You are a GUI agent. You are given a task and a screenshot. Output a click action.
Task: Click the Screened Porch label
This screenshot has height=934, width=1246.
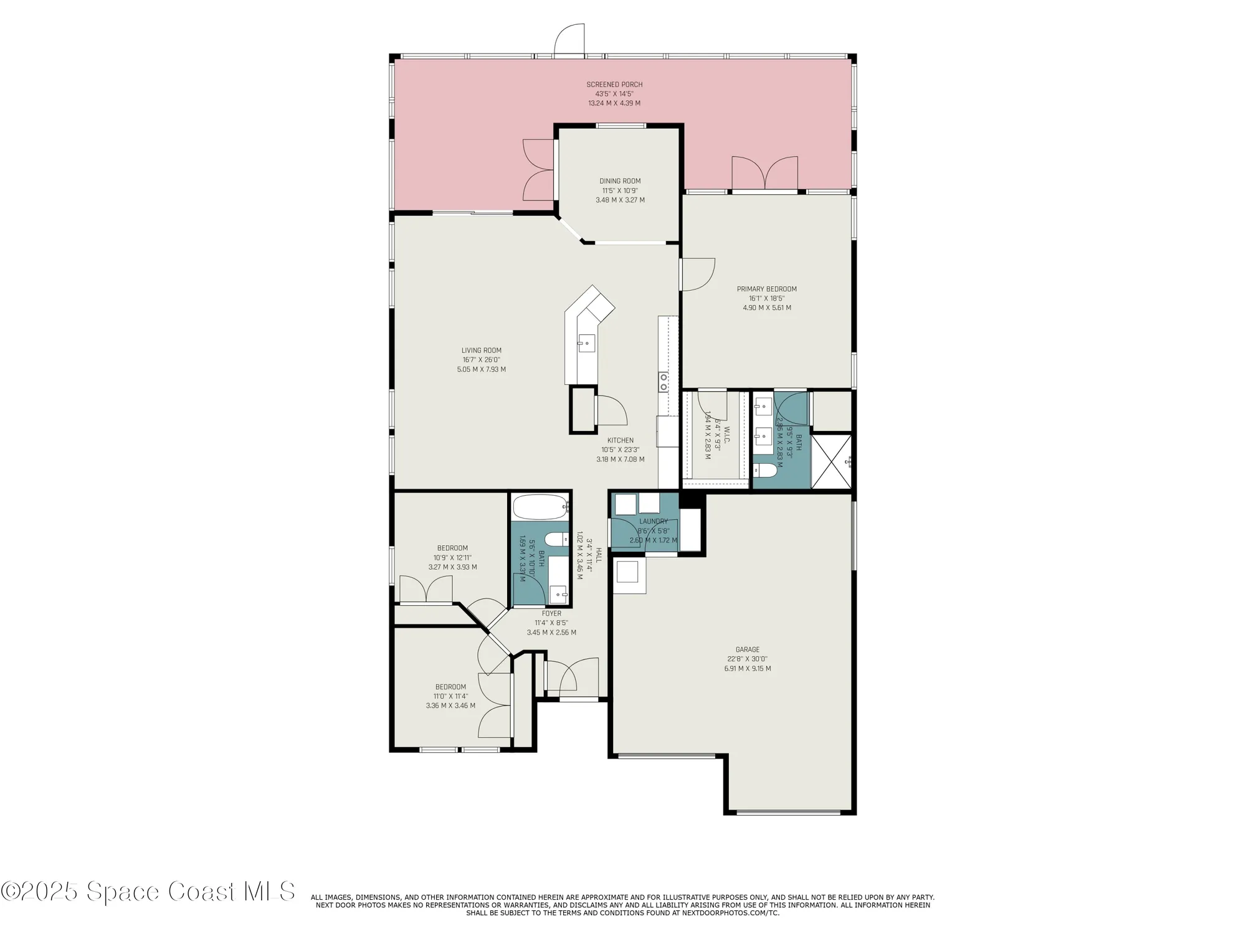[x=614, y=85]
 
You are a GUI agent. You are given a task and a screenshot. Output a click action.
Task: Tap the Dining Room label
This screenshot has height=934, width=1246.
[x=620, y=181]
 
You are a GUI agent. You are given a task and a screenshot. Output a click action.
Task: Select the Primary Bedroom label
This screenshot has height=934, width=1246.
[x=766, y=289]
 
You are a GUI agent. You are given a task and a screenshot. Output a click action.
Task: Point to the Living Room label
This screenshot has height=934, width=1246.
[x=481, y=351]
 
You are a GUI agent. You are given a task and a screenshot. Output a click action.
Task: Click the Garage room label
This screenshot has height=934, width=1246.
[x=747, y=649]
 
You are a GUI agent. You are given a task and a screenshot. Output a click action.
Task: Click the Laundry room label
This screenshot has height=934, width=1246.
[x=653, y=521]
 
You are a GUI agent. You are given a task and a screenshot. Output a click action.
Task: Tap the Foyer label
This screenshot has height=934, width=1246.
[x=551, y=613]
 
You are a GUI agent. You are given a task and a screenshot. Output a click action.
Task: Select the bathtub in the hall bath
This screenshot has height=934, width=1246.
[x=540, y=507]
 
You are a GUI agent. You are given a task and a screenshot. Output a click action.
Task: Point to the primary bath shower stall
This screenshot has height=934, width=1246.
[x=831, y=462]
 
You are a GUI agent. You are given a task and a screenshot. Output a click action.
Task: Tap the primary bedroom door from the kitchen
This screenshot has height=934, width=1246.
[x=697, y=274]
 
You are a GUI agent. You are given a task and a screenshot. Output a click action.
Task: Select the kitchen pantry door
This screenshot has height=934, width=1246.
[x=611, y=411]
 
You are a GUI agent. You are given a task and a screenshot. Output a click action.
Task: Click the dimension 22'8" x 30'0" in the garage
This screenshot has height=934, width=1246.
[x=747, y=659]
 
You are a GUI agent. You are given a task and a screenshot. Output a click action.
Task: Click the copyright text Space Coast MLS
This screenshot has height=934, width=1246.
[x=148, y=892]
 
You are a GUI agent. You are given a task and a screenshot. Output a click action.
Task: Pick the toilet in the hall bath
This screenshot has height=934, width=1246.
[x=556, y=539]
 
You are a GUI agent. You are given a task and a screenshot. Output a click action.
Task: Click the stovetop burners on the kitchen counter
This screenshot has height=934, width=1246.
[x=663, y=381]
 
